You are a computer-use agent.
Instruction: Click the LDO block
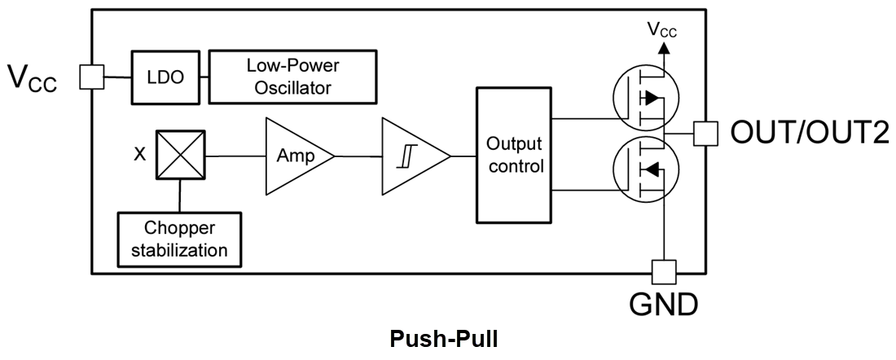tap(166, 77)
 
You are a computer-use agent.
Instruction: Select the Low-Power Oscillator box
tap(292, 77)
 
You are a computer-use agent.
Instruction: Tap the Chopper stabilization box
tap(179, 239)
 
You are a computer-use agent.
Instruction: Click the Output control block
tap(514, 155)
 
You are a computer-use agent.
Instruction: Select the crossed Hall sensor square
tap(181, 155)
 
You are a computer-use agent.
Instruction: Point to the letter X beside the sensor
tap(139, 154)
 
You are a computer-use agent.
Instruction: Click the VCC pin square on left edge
tap(91, 77)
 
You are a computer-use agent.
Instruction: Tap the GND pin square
tap(664, 272)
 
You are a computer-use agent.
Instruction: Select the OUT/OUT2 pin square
tap(705, 134)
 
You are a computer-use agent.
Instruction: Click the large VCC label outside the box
tap(32, 78)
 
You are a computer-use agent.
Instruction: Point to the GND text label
tap(663, 305)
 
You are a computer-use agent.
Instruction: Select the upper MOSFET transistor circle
tap(645, 98)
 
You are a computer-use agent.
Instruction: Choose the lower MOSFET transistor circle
tap(645, 169)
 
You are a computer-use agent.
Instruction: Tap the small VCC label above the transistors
tap(661, 29)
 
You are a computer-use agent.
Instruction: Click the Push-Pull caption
tap(443, 340)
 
